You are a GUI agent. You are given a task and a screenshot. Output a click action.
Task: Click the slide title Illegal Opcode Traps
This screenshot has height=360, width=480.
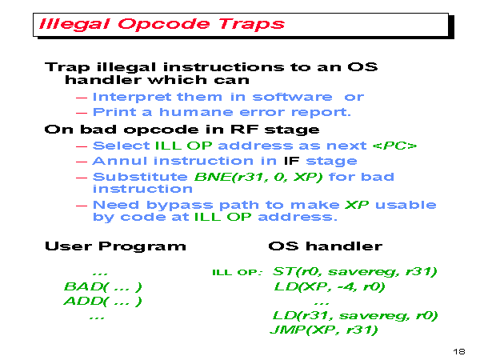click(x=162, y=24)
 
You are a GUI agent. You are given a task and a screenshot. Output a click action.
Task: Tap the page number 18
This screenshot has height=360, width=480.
click(x=459, y=351)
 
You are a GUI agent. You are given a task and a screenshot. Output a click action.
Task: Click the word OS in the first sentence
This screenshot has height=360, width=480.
click(x=362, y=66)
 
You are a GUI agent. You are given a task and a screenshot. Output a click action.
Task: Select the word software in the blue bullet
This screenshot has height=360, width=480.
click(x=292, y=97)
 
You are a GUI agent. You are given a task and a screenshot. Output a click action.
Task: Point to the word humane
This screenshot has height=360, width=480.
click(x=196, y=112)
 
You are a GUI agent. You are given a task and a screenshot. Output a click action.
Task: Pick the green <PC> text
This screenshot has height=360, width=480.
click(x=394, y=146)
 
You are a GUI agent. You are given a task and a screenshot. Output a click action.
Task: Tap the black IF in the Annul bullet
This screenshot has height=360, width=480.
click(x=291, y=161)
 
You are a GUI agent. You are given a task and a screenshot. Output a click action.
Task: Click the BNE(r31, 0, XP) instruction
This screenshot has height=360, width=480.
click(x=258, y=177)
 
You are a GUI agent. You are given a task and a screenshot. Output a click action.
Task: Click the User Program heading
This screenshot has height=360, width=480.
click(x=115, y=246)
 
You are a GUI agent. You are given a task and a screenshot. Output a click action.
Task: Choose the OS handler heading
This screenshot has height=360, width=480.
click(x=325, y=246)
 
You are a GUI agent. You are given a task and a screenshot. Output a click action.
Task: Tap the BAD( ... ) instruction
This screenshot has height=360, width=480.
click(x=103, y=287)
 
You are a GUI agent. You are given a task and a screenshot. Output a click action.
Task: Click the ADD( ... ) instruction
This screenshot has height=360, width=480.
click(x=103, y=302)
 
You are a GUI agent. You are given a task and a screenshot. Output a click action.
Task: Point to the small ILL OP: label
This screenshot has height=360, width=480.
click(x=238, y=273)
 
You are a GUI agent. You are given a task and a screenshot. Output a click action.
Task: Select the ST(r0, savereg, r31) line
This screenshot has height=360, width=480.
click(x=354, y=271)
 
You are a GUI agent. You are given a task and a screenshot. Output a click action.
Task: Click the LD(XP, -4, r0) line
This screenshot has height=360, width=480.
click(x=329, y=286)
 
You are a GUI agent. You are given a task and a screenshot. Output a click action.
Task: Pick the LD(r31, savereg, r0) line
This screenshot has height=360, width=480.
click(x=355, y=315)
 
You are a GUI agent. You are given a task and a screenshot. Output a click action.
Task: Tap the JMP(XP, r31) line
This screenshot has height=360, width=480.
click(x=323, y=330)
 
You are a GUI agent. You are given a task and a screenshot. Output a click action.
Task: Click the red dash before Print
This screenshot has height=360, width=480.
click(x=82, y=113)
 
